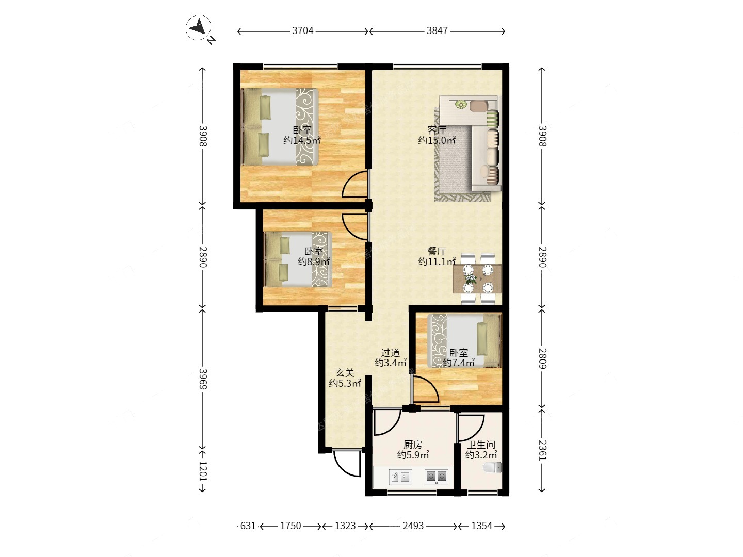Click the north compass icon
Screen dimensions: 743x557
[198, 28]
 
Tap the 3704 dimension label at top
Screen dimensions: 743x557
[302, 31]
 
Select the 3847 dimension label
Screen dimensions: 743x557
[437, 31]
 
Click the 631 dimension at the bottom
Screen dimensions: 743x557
[248, 526]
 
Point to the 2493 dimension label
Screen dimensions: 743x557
[413, 526]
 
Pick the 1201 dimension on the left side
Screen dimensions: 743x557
[203, 471]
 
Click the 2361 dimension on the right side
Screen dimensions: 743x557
[542, 450]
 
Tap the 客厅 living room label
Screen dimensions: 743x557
[437, 130]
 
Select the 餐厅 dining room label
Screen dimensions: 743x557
[437, 251]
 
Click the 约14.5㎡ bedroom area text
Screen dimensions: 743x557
[302, 140]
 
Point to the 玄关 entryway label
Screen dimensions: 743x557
[345, 373]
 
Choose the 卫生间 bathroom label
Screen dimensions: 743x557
[481, 445]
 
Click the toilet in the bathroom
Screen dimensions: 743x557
[492, 468]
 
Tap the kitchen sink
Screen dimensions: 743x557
[400, 477]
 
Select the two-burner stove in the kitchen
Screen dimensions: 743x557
[437, 477]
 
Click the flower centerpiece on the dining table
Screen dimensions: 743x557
[471, 279]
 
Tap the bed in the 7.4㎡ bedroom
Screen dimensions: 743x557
[464, 340]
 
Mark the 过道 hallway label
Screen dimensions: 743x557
[390, 353]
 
